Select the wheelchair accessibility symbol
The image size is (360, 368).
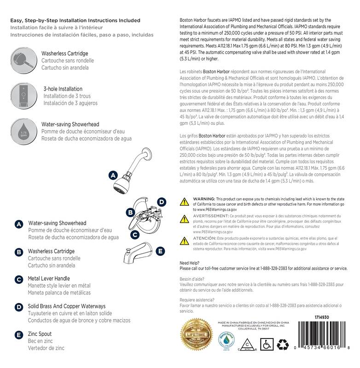coord(266,344)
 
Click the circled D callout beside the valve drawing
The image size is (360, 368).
coord(161,201)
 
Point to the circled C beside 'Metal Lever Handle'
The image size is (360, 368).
coord(19,280)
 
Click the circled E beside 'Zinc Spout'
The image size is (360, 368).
coord(19,335)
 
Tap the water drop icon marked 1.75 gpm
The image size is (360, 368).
coord(23,130)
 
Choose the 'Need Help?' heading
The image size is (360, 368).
coord(189,263)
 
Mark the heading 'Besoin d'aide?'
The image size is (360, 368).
coord(191,279)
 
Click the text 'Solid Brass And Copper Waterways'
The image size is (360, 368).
coord(67,306)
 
